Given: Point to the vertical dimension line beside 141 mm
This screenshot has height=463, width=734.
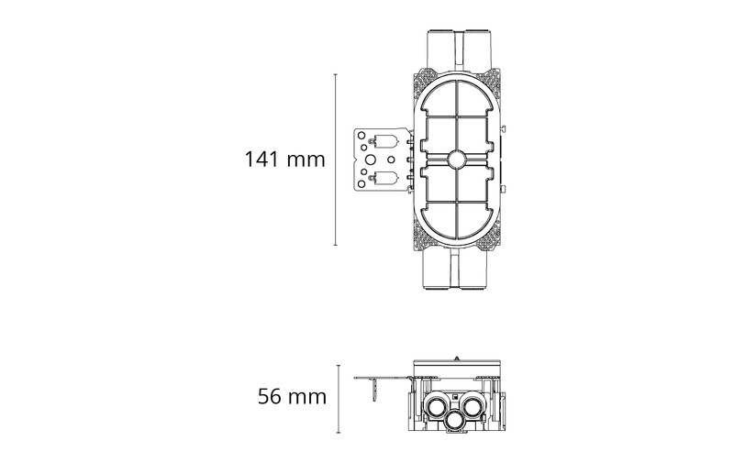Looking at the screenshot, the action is (x=335, y=160).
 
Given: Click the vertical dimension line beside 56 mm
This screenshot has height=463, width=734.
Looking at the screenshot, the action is (x=339, y=399).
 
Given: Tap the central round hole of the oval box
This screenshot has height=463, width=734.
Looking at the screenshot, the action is (x=456, y=160).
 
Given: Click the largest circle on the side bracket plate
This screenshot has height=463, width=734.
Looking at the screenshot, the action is (x=370, y=160).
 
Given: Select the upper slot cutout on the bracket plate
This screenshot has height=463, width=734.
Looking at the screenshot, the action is (x=385, y=141).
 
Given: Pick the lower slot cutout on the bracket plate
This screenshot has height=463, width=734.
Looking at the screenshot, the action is (x=385, y=177).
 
